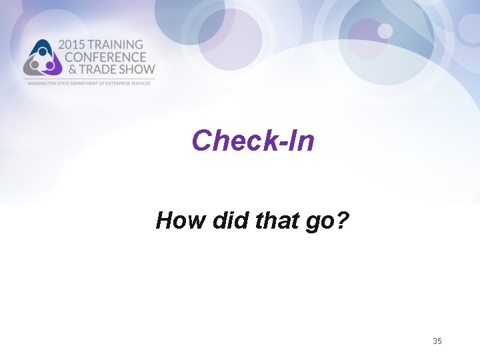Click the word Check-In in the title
point(253,141)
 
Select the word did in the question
point(229,219)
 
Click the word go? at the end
point(326,221)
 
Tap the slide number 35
point(437,341)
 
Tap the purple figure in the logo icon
point(49,65)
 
